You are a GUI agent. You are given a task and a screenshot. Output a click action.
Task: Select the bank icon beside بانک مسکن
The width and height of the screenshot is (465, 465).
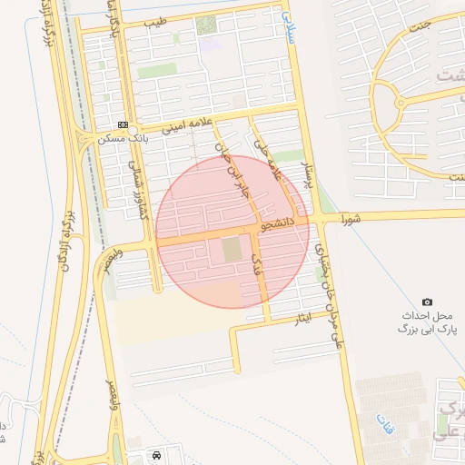(x=124, y=125)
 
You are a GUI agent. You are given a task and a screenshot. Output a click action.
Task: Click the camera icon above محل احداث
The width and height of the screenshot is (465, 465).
(x=427, y=302)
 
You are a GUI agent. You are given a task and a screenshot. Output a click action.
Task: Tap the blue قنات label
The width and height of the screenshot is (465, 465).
(x=383, y=423)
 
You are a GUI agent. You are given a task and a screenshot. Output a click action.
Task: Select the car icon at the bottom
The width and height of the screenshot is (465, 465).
(x=158, y=453)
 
